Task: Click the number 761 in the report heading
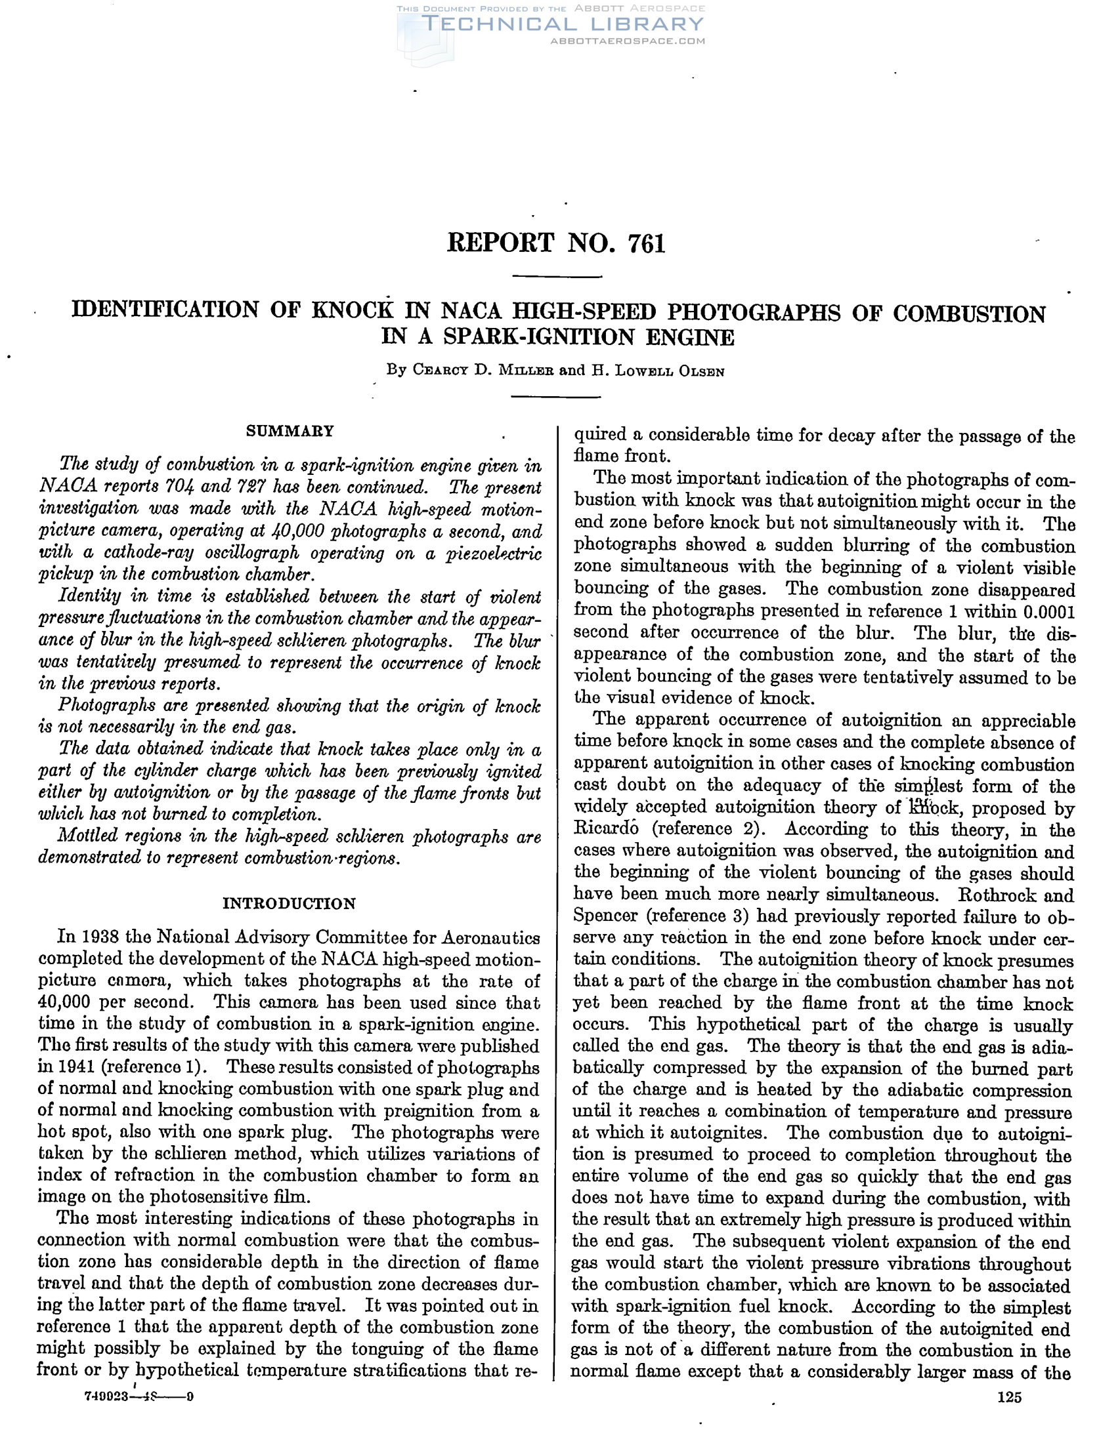coord(646,244)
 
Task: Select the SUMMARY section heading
coord(290,432)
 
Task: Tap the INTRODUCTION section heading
coord(289,904)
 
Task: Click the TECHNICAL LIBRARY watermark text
coord(562,24)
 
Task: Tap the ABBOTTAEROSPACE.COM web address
coord(628,41)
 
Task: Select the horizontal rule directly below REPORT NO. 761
coord(557,276)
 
